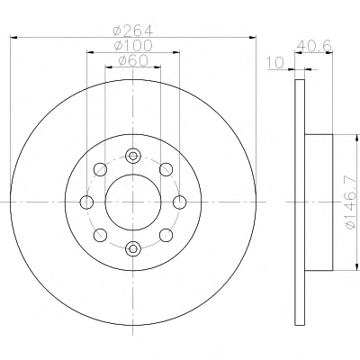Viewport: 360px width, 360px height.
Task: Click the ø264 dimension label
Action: coord(133,31)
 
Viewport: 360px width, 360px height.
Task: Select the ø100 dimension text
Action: coord(133,46)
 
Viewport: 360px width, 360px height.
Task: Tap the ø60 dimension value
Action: coord(133,61)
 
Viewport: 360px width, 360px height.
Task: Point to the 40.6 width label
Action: coord(314,46)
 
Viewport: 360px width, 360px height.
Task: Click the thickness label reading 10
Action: coord(275,63)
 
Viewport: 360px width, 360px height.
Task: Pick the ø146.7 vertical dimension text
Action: coord(353,203)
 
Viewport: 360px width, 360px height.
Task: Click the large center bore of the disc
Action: coord(133,202)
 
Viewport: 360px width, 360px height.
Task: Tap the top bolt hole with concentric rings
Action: coord(133,156)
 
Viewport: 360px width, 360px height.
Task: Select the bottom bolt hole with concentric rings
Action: coord(133,248)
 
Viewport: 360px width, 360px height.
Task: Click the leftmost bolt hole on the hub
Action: coord(86,202)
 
